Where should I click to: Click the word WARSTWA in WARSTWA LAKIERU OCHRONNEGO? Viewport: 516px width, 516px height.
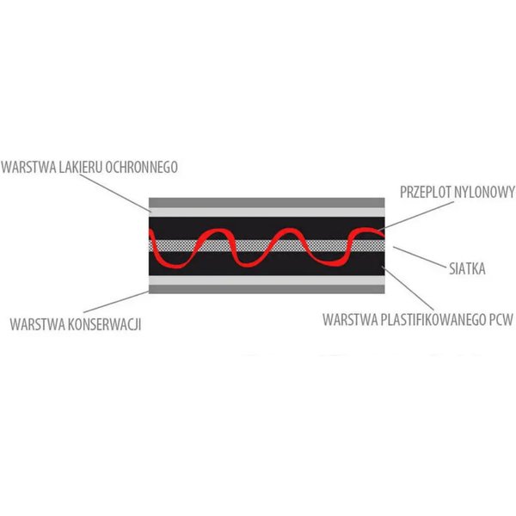point(29,167)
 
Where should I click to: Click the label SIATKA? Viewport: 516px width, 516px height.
point(467,269)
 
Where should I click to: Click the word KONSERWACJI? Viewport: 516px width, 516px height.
point(104,324)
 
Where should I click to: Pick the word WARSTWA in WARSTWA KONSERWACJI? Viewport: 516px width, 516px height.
point(38,324)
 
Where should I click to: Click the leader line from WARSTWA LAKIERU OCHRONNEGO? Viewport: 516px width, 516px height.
point(115,193)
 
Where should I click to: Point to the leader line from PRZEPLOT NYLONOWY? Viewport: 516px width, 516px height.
point(415,216)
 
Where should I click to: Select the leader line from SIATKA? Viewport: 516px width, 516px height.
point(420,256)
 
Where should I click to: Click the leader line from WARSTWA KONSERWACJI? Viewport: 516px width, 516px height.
point(116,302)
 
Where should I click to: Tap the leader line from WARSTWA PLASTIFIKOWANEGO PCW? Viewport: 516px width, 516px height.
point(408,289)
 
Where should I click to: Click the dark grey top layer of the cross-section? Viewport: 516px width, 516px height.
point(267,203)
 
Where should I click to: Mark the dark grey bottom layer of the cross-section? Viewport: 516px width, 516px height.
point(267,289)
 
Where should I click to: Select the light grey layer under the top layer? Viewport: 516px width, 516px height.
point(267,212)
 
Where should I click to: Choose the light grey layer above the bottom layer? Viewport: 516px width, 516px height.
point(267,280)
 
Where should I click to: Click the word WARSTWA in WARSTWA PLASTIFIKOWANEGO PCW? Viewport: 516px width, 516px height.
point(351,320)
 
